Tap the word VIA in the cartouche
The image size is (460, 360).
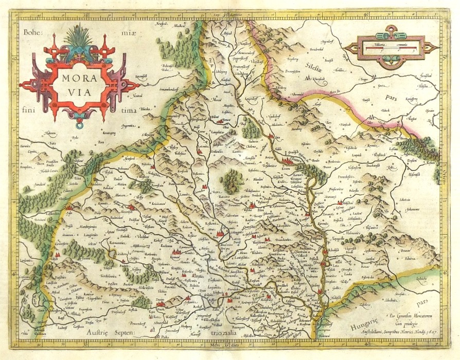[79, 95]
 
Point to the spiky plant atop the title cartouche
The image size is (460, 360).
[79, 37]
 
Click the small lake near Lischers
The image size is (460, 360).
[111, 254]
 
